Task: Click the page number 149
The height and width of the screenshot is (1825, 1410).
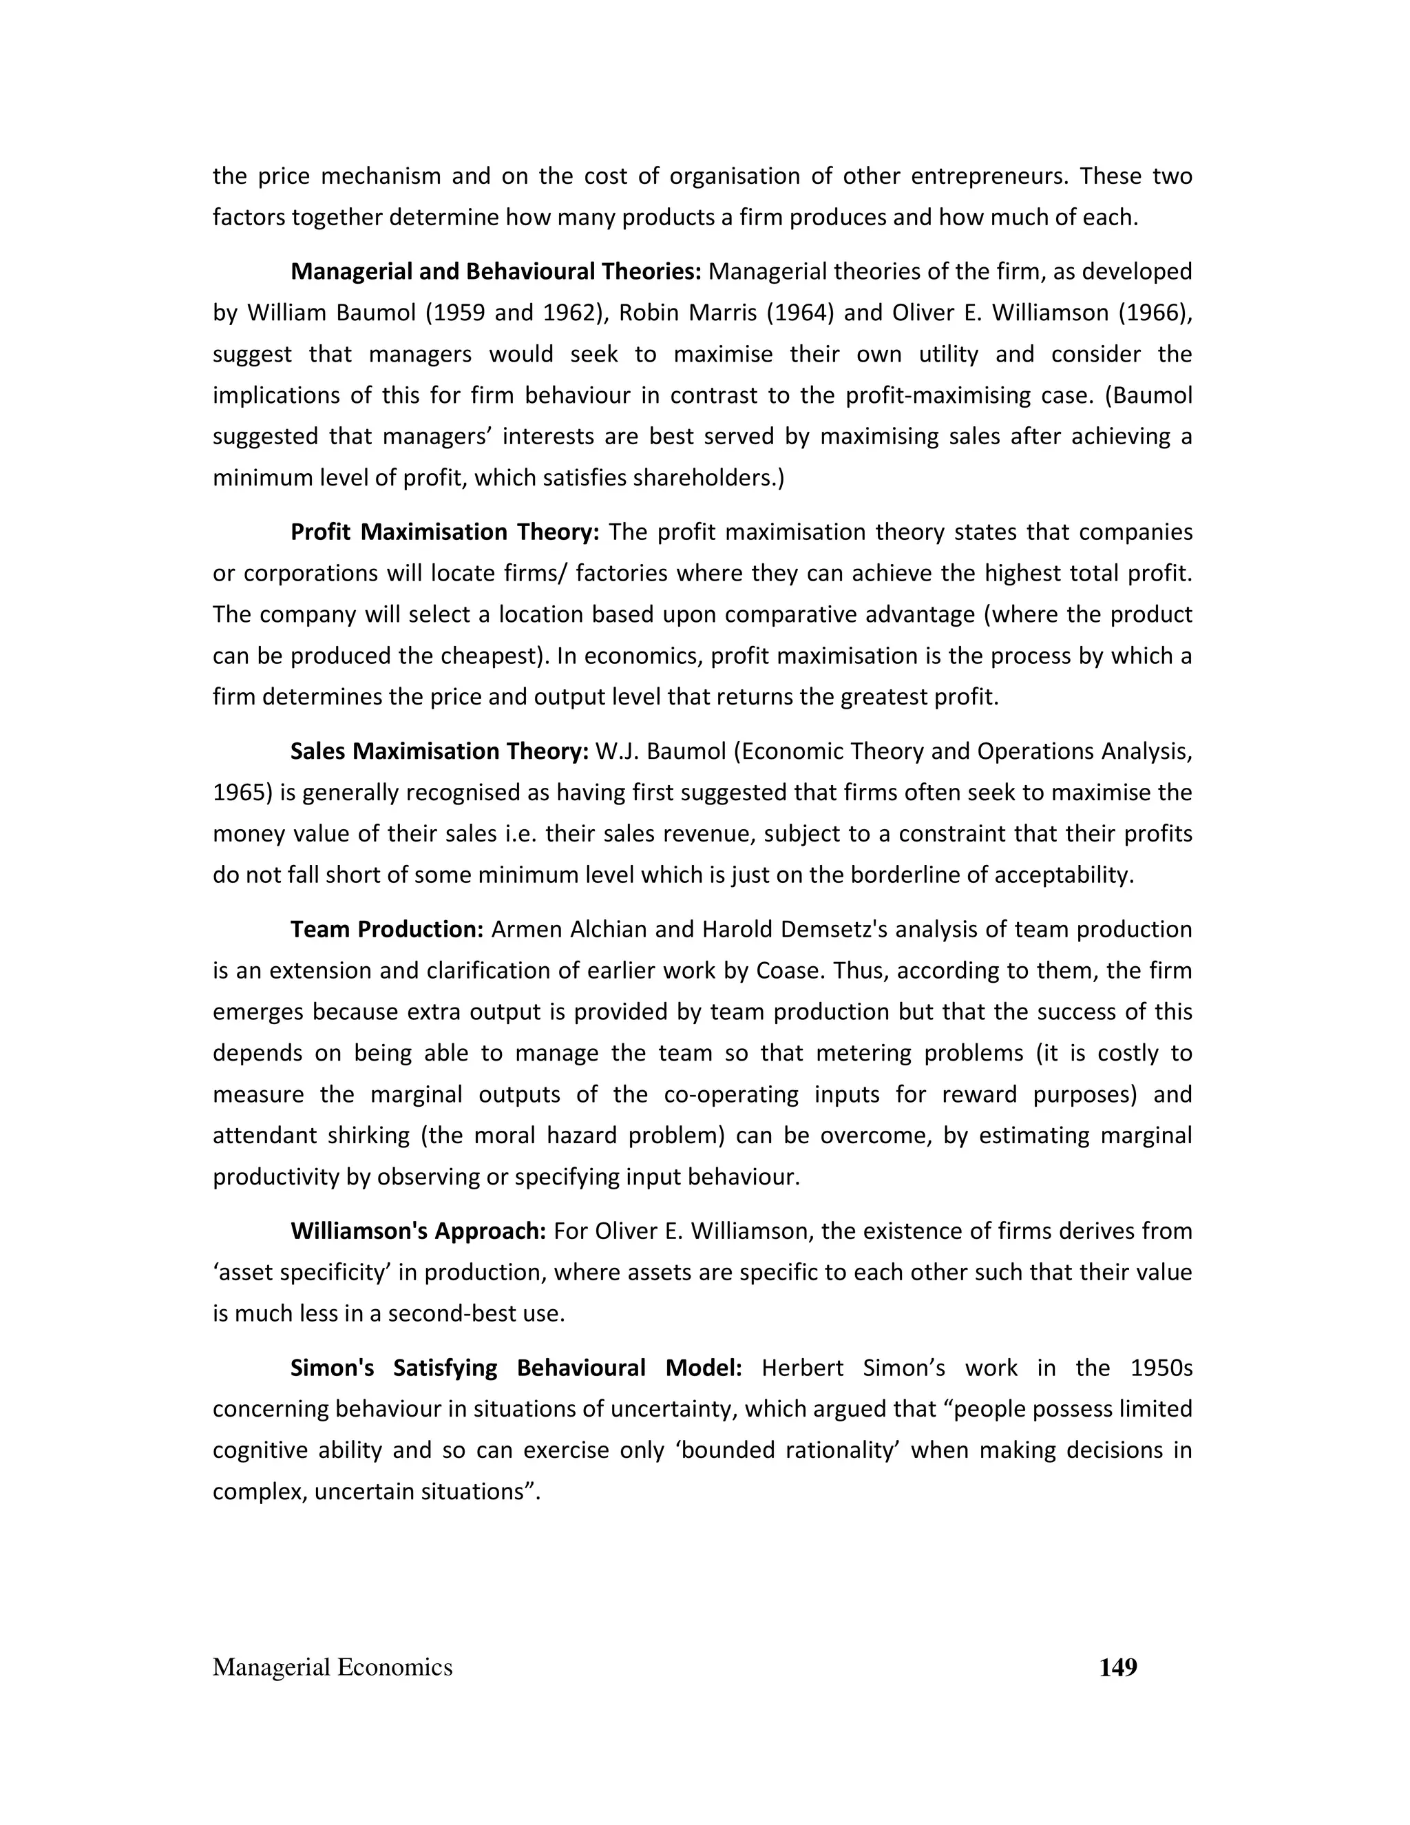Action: pos(1117,1667)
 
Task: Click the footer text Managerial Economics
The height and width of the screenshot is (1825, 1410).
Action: pos(333,1667)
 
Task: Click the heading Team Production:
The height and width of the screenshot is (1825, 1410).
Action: pos(388,929)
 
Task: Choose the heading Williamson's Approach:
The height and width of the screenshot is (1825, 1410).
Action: pos(419,1231)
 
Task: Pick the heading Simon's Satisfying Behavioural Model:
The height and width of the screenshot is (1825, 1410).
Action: pos(516,1368)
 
